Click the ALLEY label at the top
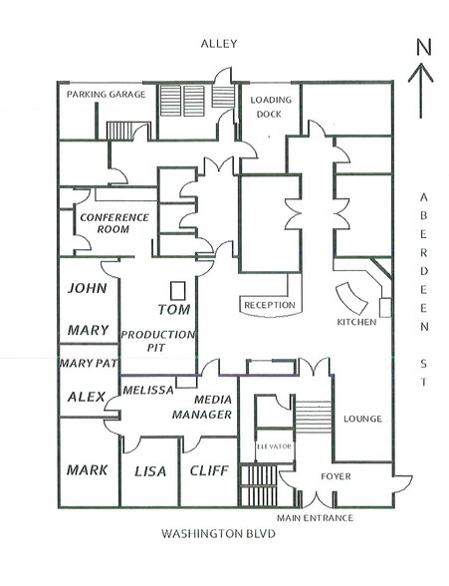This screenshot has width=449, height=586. click(x=218, y=44)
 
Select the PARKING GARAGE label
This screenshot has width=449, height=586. click(x=107, y=95)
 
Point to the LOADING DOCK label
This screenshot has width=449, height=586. click(x=270, y=107)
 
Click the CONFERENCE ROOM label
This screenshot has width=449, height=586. click(x=114, y=222)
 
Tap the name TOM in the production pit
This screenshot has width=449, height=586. click(x=173, y=310)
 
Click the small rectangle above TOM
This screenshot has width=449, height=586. click(x=178, y=290)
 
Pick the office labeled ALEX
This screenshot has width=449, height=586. click(x=87, y=397)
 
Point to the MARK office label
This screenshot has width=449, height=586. click(x=88, y=469)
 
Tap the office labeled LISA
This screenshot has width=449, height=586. click(x=148, y=470)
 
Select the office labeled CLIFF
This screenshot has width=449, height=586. click(x=208, y=470)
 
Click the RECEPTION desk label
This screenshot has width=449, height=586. click(x=270, y=305)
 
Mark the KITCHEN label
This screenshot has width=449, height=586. click(x=355, y=323)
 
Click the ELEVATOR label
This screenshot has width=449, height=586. click(x=273, y=445)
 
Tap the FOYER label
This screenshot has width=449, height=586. click(x=336, y=476)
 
